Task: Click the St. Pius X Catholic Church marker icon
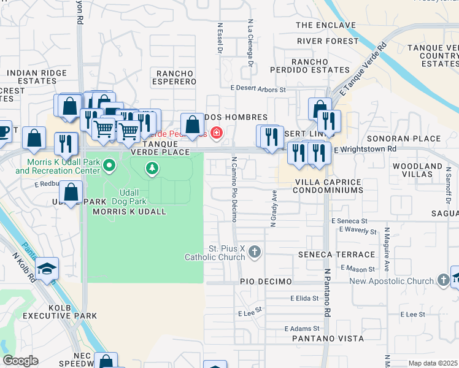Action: (x=255, y=251)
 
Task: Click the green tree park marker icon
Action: (x=152, y=167)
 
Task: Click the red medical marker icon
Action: (x=216, y=132)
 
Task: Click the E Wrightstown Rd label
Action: (x=365, y=149)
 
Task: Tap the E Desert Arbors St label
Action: (x=258, y=89)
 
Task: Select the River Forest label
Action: (x=327, y=41)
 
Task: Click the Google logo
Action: (x=20, y=361)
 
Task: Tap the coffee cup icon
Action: (x=3, y=131)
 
